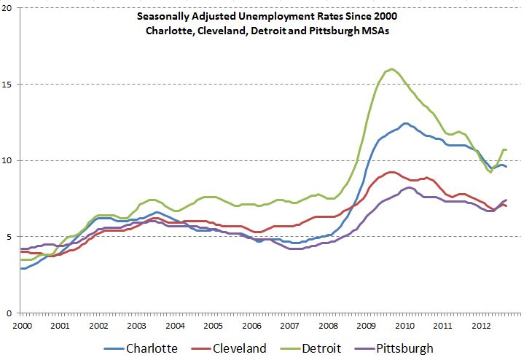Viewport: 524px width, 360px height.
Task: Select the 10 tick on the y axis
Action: (x=9, y=160)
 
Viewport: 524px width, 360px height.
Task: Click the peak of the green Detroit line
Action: (x=392, y=69)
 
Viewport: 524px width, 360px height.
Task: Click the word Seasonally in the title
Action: (x=149, y=16)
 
